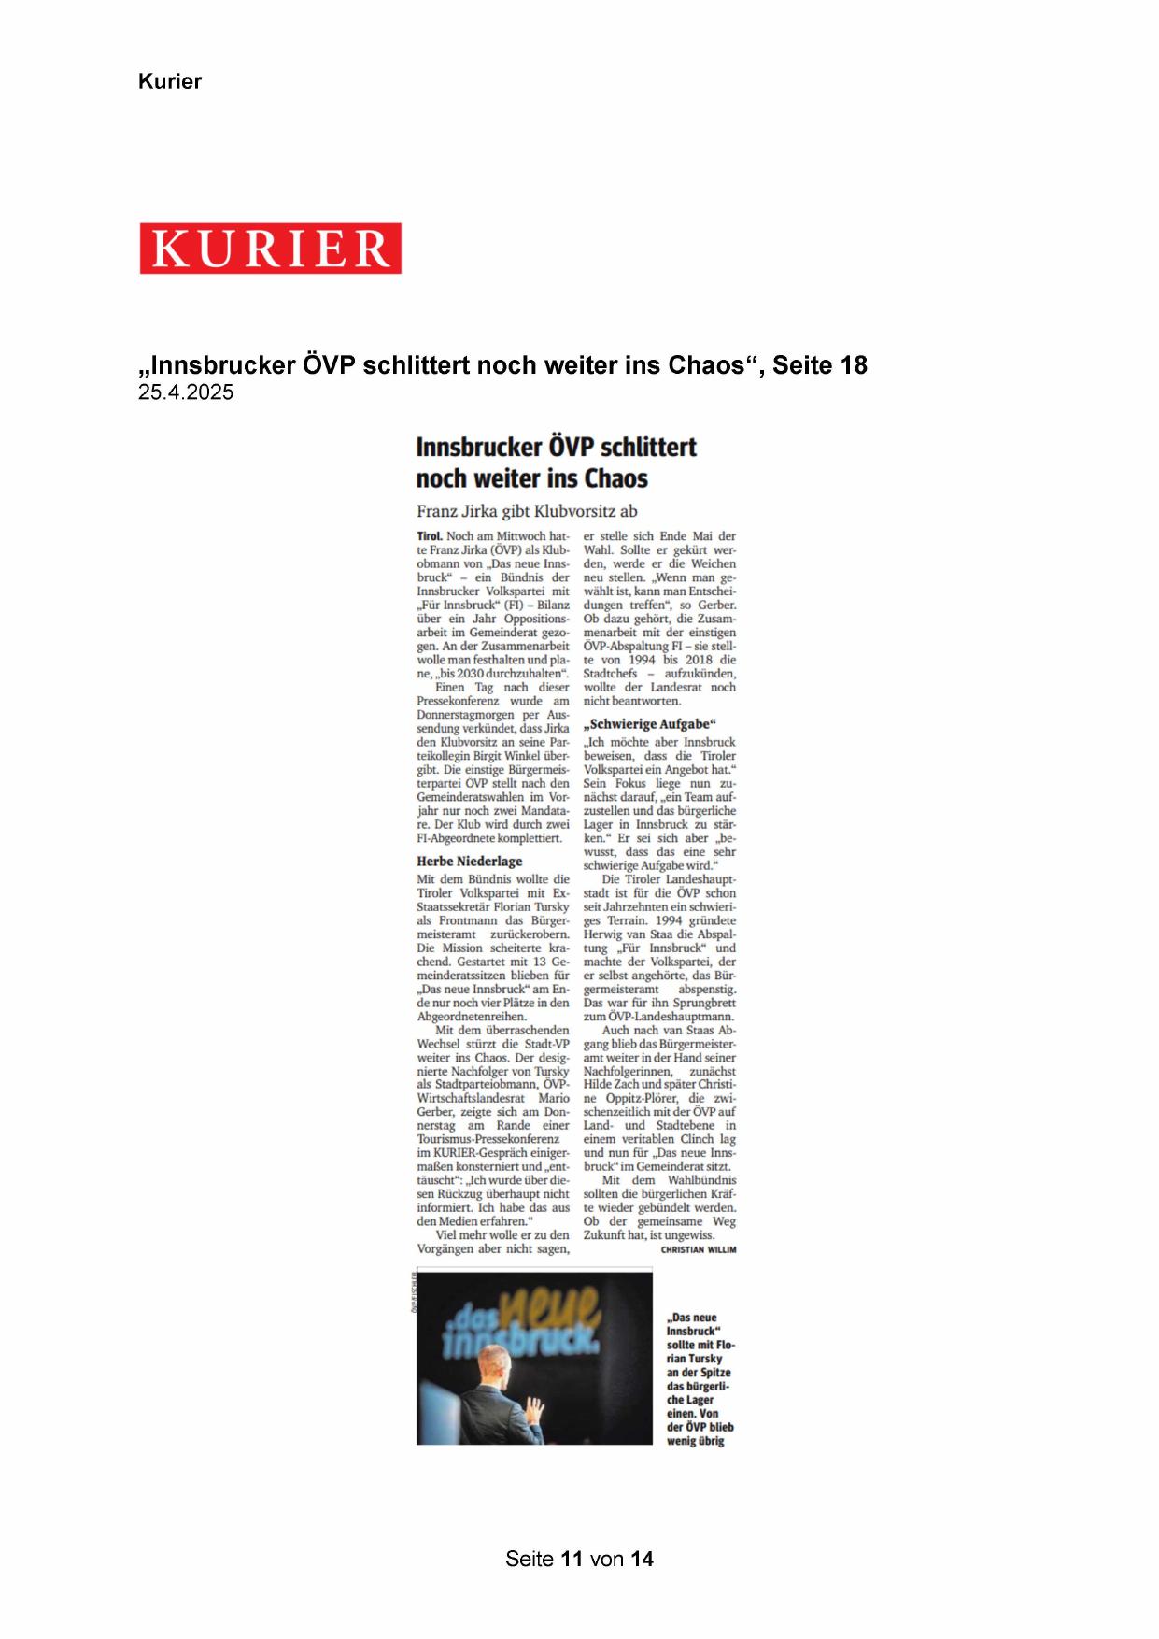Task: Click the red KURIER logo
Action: pos(270,248)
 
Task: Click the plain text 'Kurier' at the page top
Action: pos(170,81)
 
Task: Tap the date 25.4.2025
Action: pos(186,392)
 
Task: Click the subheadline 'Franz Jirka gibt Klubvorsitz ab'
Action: pos(527,511)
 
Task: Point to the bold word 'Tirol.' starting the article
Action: pos(430,536)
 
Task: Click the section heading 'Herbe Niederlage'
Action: pos(469,861)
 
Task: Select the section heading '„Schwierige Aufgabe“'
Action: pos(649,724)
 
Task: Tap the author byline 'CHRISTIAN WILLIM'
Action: pos(699,1249)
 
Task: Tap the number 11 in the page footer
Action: pos(572,1559)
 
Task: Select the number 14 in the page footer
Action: pos(642,1559)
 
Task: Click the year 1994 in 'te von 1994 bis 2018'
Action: pos(642,660)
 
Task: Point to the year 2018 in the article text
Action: pos(699,660)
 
